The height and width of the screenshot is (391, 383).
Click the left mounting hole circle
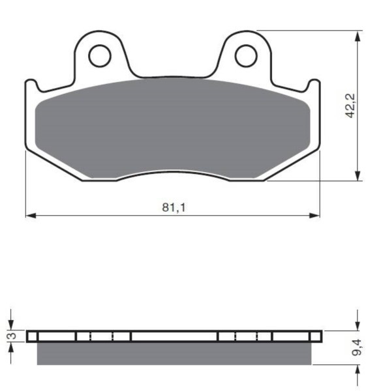tap(100, 56)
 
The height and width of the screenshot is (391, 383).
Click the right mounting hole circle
tap(246, 56)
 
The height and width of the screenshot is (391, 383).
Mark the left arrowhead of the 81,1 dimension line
tap(29, 216)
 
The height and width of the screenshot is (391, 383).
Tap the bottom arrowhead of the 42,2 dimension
tap(358, 175)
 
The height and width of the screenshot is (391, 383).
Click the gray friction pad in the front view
tap(173, 127)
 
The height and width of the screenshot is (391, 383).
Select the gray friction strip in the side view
tap(173, 353)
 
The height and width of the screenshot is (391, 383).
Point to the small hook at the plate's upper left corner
tap(30, 83)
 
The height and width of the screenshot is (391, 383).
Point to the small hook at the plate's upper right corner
tap(316, 83)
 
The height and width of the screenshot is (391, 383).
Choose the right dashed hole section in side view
tap(245, 336)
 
